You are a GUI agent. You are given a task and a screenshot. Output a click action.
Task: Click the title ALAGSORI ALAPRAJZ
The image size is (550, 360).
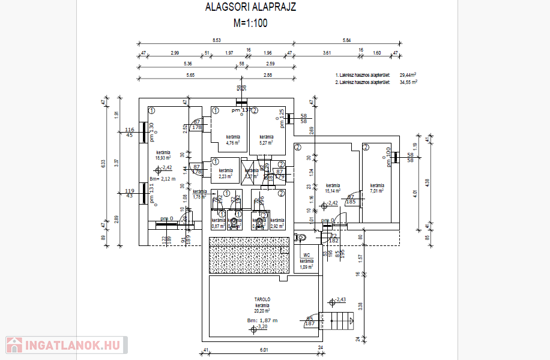(250, 8)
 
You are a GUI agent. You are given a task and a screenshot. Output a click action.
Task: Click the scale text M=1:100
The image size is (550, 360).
(250, 24)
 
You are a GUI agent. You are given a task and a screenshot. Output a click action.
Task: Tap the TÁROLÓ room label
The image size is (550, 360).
(262, 299)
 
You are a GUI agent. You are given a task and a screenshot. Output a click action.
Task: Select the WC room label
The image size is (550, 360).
(306, 256)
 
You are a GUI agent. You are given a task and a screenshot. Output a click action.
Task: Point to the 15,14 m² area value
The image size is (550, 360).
(333, 191)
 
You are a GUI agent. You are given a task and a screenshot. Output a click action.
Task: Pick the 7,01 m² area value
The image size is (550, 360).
(377, 191)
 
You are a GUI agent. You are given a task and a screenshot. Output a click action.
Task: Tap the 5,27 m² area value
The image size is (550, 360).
(267, 143)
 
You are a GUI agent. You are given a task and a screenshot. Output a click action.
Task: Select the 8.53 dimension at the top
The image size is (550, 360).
(216, 40)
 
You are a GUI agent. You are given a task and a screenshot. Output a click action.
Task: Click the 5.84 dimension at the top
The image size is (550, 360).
(347, 40)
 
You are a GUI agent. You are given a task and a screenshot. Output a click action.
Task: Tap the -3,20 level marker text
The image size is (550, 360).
(262, 327)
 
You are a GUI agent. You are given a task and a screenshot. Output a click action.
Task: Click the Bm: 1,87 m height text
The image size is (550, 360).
(262, 320)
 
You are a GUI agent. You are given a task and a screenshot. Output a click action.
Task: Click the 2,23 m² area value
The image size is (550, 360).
(225, 176)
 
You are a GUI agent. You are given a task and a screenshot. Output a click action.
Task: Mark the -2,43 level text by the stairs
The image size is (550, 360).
(341, 299)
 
